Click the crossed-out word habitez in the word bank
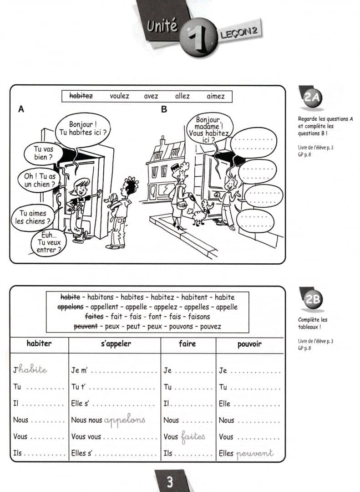pyautogui.click(x=81, y=96)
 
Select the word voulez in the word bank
pyautogui.click(x=119, y=96)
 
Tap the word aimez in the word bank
pyautogui.click(x=215, y=96)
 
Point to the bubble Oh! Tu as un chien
pyautogui.click(x=40, y=180)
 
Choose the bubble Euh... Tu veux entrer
pyautogui.click(x=48, y=243)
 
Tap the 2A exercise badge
pyautogui.click(x=313, y=98)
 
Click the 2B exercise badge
pyautogui.click(x=313, y=299)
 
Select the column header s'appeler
pyautogui.click(x=115, y=344)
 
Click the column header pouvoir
pyautogui.click(x=249, y=344)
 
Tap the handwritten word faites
pyautogui.click(x=193, y=436)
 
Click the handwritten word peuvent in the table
pyautogui.click(x=255, y=453)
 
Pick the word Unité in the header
pyautogui.click(x=162, y=26)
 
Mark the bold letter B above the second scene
pyautogui.click(x=164, y=109)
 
